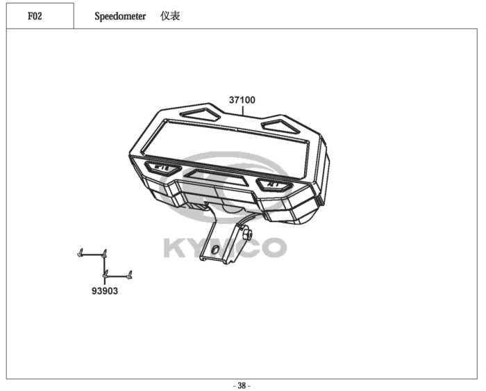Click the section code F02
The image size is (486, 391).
coord(35,16)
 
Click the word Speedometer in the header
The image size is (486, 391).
coord(120,16)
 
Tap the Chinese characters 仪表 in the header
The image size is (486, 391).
coord(170,16)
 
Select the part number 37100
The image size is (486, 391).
coord(242,100)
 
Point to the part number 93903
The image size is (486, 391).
coord(105,291)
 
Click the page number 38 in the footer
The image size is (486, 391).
coord(242,385)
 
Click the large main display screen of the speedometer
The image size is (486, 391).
coord(226,150)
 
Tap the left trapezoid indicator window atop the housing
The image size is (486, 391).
coord(201,115)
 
